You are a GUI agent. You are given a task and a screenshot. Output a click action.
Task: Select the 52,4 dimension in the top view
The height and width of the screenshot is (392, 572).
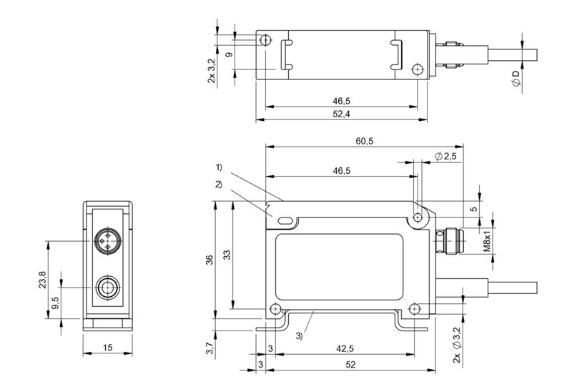(341, 114)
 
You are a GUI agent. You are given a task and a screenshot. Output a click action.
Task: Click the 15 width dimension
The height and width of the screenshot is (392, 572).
(107, 348)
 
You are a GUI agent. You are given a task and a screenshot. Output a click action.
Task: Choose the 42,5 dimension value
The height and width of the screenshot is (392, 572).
(345, 348)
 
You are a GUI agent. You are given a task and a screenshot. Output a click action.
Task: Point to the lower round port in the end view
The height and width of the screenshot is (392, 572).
(107, 288)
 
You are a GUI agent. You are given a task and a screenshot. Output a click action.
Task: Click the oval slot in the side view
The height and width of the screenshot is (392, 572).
(283, 220)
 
